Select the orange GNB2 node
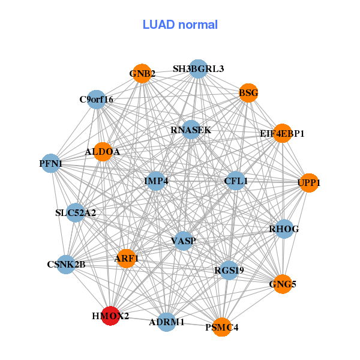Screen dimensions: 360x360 point(142,74)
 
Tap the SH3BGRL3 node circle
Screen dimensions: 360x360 point(197,69)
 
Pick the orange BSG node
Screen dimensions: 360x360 point(248,93)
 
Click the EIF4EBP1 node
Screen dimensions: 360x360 point(282,133)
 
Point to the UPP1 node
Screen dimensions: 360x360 point(308,182)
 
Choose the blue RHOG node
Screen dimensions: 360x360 point(284,229)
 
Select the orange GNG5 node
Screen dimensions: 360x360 point(282,284)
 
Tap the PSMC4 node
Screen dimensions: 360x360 point(222,327)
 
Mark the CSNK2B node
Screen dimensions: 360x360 point(66,264)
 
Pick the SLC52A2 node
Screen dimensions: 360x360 point(76,212)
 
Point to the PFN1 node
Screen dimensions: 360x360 point(51,163)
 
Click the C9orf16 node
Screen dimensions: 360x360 point(97,99)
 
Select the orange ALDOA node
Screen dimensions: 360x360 point(103,152)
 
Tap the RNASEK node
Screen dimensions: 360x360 point(190,130)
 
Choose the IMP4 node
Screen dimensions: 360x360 point(156,181)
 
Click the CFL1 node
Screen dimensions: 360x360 point(236,181)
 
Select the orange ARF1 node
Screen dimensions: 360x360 point(127,259)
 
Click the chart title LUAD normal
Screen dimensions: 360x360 point(180,25)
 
